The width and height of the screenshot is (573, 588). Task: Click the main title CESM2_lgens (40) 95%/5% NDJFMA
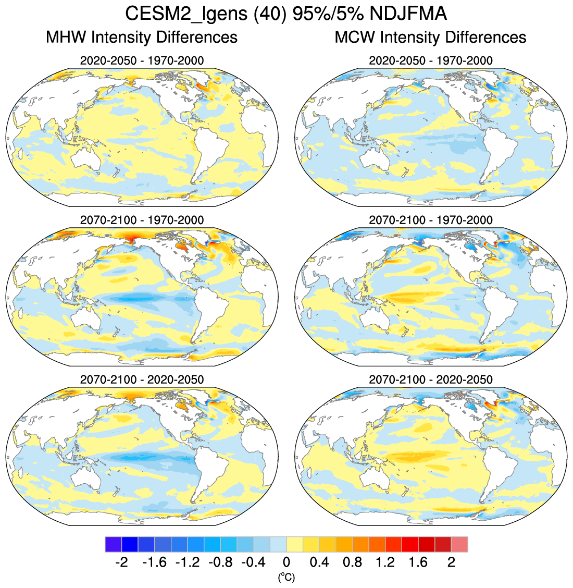[286, 14]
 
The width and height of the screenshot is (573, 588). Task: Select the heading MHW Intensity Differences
[142, 38]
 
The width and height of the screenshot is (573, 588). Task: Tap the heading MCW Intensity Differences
[430, 38]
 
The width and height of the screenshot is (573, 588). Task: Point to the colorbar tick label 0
[286, 562]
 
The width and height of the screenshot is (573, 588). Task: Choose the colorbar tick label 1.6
[418, 562]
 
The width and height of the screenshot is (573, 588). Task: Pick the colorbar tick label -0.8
[220, 562]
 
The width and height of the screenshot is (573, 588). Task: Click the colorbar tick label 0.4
[319, 562]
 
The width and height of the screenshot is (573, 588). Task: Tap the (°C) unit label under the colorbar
[286, 577]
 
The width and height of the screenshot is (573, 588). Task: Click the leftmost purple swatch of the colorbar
[113, 544]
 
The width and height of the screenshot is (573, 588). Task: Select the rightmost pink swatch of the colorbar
[459, 544]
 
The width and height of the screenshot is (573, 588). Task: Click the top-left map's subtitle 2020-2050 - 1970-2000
[142, 60]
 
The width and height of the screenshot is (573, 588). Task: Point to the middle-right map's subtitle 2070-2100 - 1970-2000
[430, 220]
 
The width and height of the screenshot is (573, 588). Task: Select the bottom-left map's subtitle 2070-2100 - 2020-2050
[142, 379]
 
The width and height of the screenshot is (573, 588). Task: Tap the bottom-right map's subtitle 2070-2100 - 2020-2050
[430, 379]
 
